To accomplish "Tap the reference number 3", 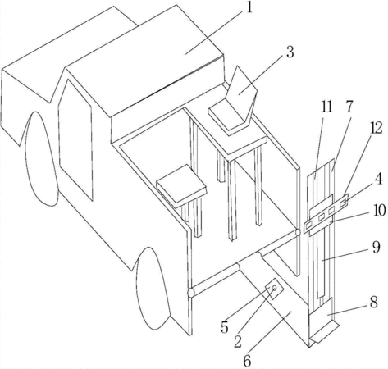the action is pyautogui.click(x=290, y=52).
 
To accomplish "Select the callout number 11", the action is pyautogui.click(x=326, y=107).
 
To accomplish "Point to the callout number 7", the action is pyautogui.click(x=349, y=106).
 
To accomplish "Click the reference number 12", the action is pyautogui.click(x=377, y=129).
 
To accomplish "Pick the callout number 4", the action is pyautogui.click(x=378, y=180).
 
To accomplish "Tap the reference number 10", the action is pyautogui.click(x=379, y=210).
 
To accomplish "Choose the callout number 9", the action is pyautogui.click(x=376, y=247).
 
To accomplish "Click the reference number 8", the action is pyautogui.click(x=373, y=303).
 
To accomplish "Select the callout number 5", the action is pyautogui.click(x=225, y=327).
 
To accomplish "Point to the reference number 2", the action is pyautogui.click(x=238, y=342).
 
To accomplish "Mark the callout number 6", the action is pyautogui.click(x=247, y=362).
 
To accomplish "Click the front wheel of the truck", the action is pyautogui.click(x=42, y=158).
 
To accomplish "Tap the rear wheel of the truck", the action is pyautogui.click(x=153, y=289).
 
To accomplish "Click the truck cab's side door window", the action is pyautogui.click(x=75, y=139).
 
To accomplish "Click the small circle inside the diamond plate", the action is pyautogui.click(x=274, y=288).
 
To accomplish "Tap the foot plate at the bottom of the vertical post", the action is pyautogui.click(x=325, y=331).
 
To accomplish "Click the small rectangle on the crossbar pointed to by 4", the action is pyautogui.click(x=343, y=203).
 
